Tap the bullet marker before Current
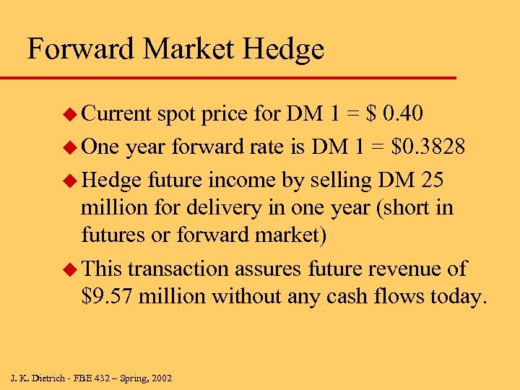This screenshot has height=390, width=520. coord(69,115)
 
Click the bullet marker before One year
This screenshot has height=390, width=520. coord(69,147)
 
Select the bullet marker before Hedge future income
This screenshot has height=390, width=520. coord(69,180)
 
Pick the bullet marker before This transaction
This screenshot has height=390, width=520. coord(69,269)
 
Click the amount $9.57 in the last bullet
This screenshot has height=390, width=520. coord(108,295)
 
